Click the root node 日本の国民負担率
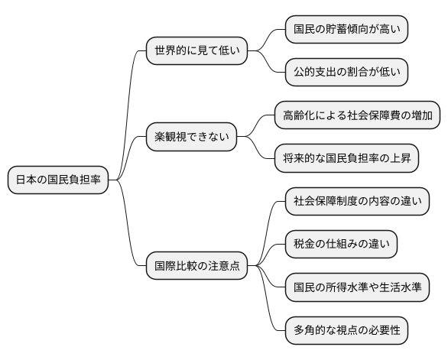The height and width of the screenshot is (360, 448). pyautogui.click(x=57, y=180)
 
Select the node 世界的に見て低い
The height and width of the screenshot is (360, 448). pyautogui.click(x=196, y=51)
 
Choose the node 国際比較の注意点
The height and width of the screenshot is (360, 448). pyautogui.click(x=196, y=267)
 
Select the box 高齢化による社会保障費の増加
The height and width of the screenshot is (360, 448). pyautogui.click(x=357, y=116)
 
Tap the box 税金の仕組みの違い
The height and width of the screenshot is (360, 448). pyautogui.click(x=340, y=245)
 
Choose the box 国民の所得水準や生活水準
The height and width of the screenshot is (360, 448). pyautogui.click(x=356, y=288)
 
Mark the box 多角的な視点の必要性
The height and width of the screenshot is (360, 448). pyautogui.click(x=346, y=331)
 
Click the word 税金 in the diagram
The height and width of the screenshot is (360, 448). pyautogui.click(x=305, y=245)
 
